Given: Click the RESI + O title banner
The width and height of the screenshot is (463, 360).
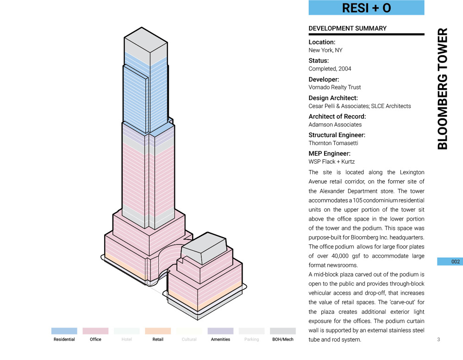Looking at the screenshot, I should click(x=366, y=8).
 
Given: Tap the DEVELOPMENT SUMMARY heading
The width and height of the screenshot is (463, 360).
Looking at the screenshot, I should click(x=347, y=28).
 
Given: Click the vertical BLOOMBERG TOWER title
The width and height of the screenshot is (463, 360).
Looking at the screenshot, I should click(x=443, y=89).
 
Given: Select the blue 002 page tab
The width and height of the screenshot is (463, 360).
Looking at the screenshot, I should click(x=450, y=262).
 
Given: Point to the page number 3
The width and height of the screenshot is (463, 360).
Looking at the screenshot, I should click(x=438, y=340).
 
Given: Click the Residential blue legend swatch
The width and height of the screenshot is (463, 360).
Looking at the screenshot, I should click(x=64, y=331).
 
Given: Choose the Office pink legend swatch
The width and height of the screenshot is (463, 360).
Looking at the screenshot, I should click(x=95, y=331).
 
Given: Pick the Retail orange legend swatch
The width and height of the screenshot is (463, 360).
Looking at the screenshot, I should click(x=158, y=331).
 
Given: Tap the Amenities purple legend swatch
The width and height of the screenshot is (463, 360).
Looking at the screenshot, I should click(x=220, y=331).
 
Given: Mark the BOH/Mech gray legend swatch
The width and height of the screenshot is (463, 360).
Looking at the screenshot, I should click(x=282, y=331).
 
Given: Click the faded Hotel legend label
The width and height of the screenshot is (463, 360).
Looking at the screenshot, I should click(x=126, y=340).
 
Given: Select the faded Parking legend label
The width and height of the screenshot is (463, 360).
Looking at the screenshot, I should click(x=251, y=340).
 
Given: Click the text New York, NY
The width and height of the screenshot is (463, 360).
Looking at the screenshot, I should click(x=325, y=50).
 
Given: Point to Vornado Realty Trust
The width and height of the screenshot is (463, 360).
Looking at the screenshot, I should click(x=335, y=87).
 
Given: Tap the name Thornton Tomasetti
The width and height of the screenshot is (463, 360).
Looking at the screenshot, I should click(x=333, y=143).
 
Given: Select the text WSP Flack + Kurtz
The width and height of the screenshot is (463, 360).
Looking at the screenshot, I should click(x=332, y=162).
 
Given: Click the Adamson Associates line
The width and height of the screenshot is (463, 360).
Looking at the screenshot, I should click(x=335, y=125).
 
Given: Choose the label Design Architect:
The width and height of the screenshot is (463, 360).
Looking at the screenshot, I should click(x=333, y=98).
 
